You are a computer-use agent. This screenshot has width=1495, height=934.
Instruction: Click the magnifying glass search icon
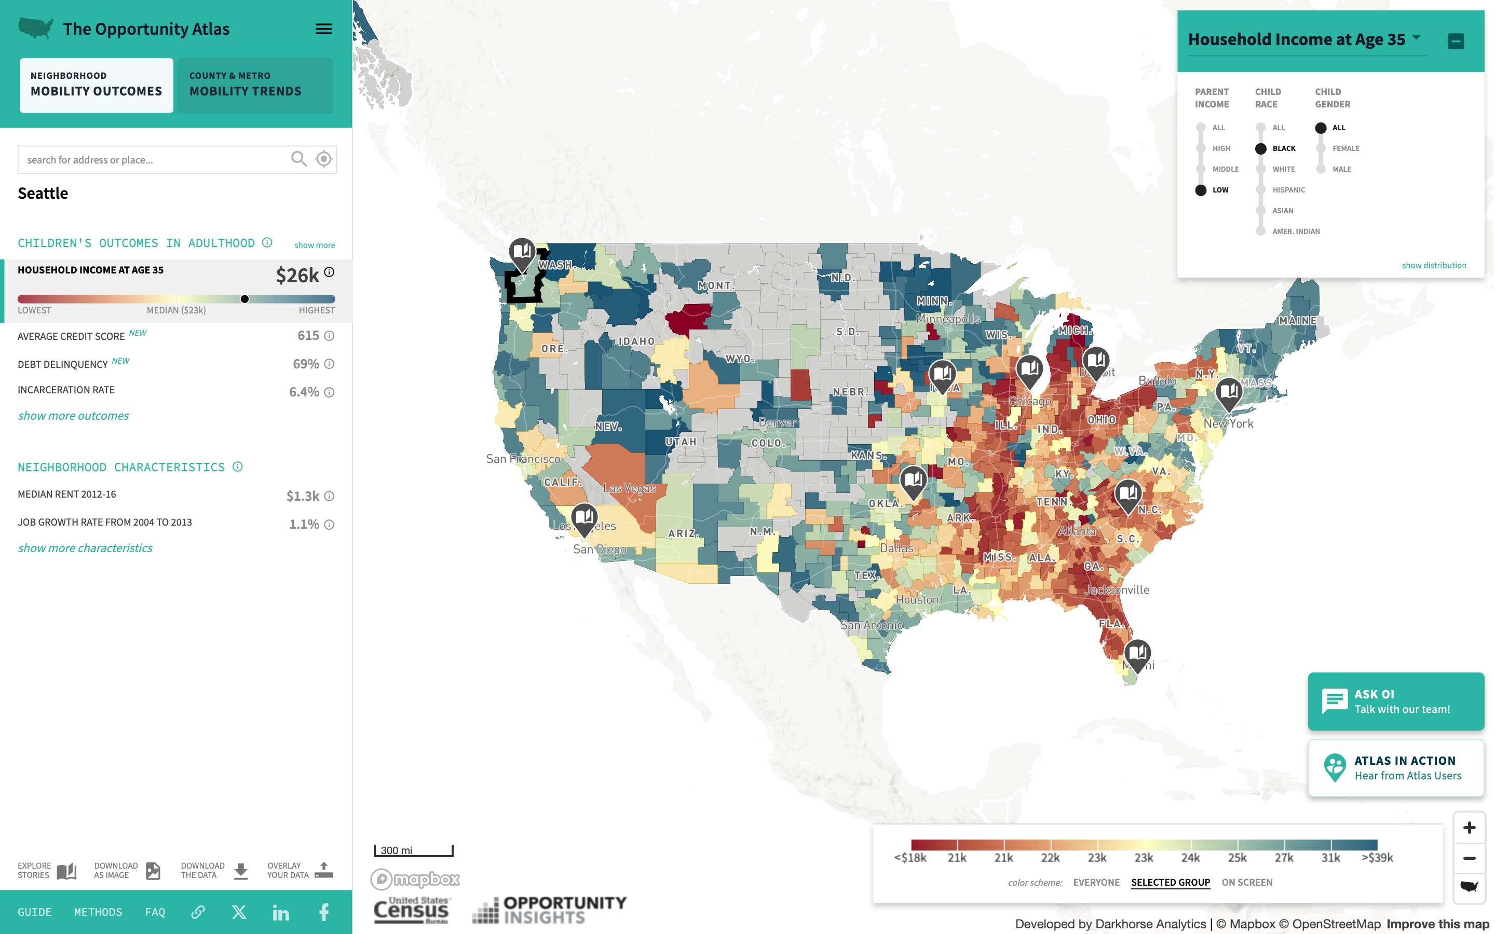click(x=299, y=159)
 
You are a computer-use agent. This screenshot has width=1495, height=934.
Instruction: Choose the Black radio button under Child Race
click(x=1261, y=149)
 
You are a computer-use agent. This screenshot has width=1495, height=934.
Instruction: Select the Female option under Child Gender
click(x=1321, y=149)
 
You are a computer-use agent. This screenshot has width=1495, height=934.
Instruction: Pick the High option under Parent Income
click(x=1201, y=149)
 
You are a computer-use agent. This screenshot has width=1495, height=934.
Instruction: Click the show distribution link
click(x=1433, y=266)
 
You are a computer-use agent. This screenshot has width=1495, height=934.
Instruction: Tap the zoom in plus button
click(x=1469, y=828)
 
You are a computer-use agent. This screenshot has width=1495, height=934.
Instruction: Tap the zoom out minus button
click(x=1469, y=858)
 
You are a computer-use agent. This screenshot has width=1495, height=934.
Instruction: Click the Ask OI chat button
click(x=1395, y=702)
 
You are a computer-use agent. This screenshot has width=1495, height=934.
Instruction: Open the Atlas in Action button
click(x=1395, y=768)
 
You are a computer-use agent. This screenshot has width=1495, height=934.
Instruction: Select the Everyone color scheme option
click(x=1096, y=883)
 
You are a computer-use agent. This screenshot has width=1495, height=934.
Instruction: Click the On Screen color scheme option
click(x=1247, y=883)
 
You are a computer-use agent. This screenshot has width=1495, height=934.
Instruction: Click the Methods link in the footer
click(x=98, y=912)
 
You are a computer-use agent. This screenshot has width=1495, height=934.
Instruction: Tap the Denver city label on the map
click(x=778, y=422)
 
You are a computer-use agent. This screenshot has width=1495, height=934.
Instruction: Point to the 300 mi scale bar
click(x=413, y=850)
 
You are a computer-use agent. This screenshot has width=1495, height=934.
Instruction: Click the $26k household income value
click(x=297, y=276)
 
